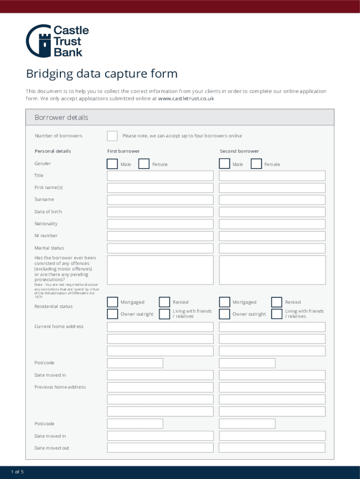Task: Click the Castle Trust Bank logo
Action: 57,41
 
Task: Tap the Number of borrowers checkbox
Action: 112,136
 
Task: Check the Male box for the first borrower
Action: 112,164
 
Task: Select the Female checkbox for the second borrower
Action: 256,164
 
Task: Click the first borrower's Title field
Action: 160,176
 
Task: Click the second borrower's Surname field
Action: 272,200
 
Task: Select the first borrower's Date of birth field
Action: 160,212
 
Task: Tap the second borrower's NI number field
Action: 272,236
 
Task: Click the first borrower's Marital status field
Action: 160,248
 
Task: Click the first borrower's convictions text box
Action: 160,270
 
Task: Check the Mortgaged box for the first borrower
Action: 112,302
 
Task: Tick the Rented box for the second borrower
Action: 277,302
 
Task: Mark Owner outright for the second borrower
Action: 225,314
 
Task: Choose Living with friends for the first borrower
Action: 164,314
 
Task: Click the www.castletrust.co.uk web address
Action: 186,99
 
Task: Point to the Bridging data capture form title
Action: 101,74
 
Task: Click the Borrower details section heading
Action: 61,117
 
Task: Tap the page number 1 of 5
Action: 17,472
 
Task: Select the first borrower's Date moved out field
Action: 160,448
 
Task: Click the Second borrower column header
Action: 239,151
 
